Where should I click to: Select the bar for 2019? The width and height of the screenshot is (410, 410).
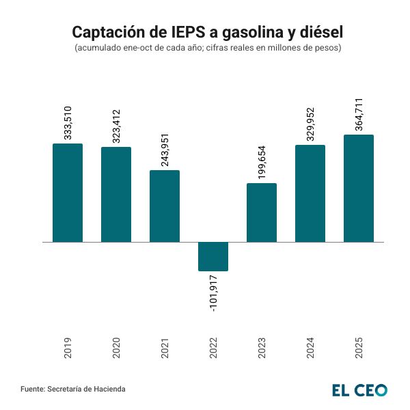pos(68,193)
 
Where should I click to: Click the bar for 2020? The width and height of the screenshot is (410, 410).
pos(116,195)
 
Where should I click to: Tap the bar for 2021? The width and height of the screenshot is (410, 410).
pos(165,206)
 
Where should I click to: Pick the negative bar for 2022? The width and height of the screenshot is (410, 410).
pos(213,256)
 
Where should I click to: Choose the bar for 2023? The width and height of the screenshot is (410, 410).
pos(262,213)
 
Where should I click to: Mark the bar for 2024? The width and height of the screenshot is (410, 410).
pos(310,193)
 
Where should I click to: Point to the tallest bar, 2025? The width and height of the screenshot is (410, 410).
pos(359,189)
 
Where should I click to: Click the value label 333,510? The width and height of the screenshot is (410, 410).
pos(68,123)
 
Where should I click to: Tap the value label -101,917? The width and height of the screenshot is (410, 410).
pos(213,294)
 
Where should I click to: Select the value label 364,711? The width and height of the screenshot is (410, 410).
pos(359,114)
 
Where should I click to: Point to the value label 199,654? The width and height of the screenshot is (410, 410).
pos(262,163)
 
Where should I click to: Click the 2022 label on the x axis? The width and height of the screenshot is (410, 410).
pos(213,348)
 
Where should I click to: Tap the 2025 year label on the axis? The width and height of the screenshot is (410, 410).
pos(359,348)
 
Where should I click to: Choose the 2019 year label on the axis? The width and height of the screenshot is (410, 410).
pos(68,348)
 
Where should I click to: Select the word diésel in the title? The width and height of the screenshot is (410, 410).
pos(315,32)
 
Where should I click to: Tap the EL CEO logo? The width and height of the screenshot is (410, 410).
pos(359,389)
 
